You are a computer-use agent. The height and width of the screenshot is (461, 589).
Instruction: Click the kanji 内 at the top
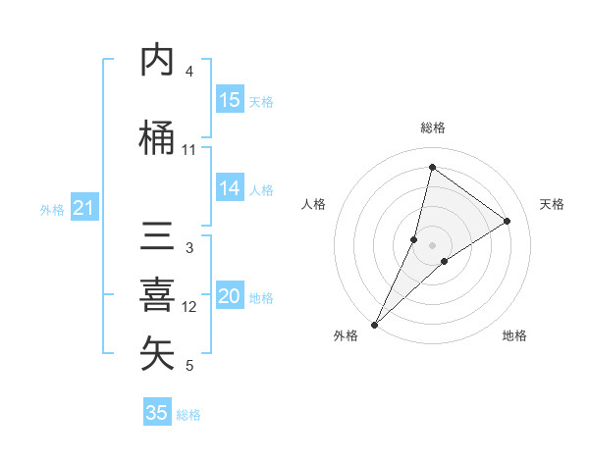pos(157,61)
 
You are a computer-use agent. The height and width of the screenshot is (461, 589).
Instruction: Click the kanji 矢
pos(157,354)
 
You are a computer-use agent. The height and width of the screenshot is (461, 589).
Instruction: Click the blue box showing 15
pos(230,100)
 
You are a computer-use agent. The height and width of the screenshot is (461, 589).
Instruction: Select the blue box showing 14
pos(230,188)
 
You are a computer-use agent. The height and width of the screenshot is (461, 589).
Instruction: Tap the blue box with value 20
pos(230,296)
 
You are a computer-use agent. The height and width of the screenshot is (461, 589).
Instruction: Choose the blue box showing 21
pos(84,208)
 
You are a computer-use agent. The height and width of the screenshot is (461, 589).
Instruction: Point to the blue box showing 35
pos(157,413)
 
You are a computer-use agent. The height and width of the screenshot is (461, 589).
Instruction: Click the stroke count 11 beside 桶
pos(189,150)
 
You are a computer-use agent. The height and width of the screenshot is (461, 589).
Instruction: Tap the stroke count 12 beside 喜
pos(189,307)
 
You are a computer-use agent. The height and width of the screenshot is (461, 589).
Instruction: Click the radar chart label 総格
pos(433,128)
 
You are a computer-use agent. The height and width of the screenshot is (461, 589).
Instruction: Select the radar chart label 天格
pos(552,204)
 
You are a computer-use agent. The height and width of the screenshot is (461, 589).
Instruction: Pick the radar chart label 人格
pos(314,204)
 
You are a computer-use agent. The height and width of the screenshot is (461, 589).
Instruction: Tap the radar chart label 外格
pos(345,335)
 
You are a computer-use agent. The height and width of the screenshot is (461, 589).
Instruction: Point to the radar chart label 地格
pos(514,335)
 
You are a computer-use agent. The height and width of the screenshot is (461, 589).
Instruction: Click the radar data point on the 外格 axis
pos(374,324)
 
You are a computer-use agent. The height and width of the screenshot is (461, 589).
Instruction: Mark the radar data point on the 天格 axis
pos(508,221)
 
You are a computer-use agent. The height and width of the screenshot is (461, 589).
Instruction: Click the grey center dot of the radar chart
pos(433,244)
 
